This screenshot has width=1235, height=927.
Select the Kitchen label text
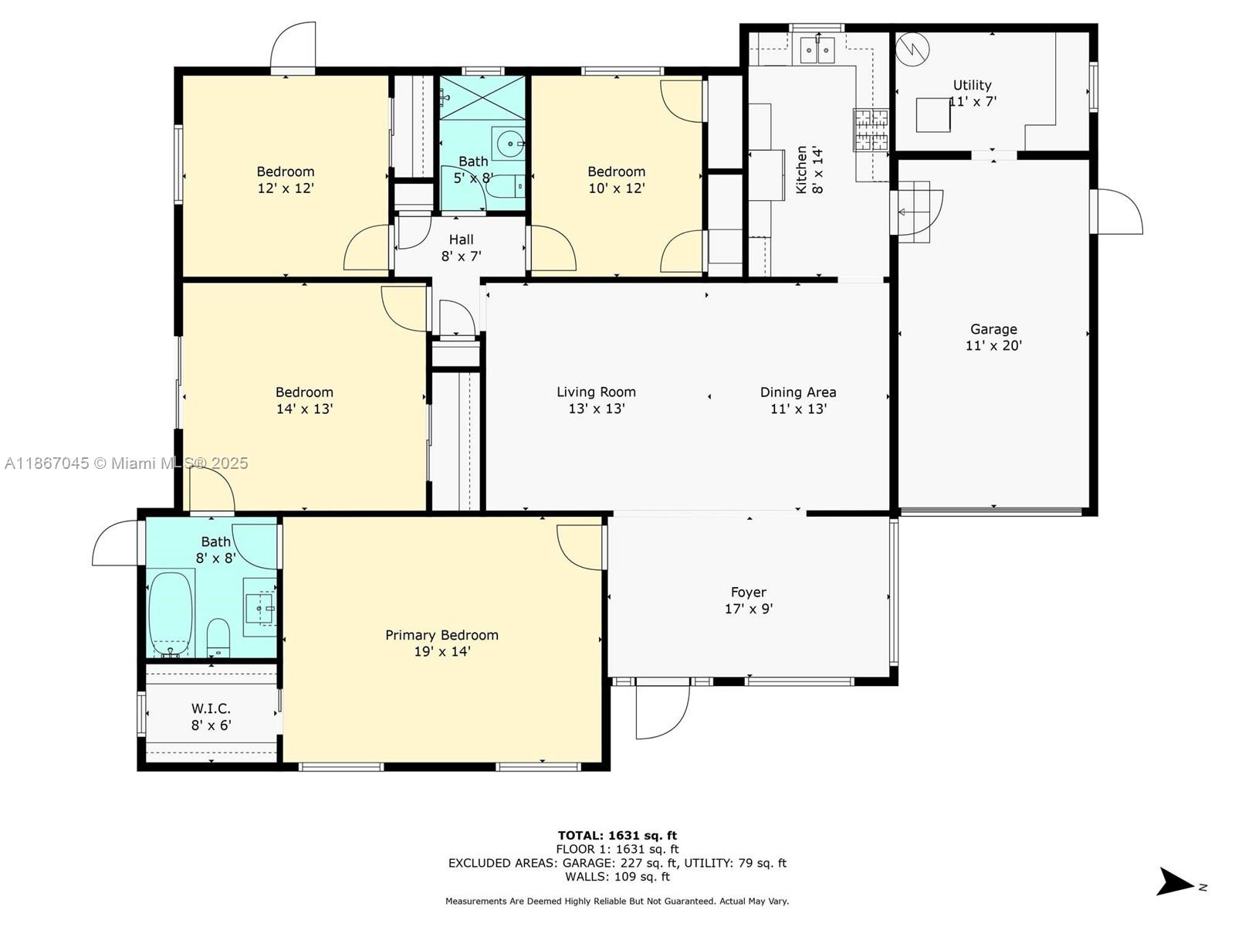click(802, 170)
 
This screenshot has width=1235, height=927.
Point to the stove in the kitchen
click(871, 129)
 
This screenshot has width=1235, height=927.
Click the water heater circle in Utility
click(912, 49)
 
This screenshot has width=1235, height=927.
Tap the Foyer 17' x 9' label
click(748, 600)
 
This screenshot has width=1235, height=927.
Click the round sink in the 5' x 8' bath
click(509, 144)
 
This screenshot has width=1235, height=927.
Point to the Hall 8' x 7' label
click(461, 247)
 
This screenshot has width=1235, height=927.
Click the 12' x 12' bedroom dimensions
click(286, 188)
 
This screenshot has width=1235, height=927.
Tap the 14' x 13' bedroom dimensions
click(304, 409)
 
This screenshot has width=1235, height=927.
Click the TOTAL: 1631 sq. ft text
click(617, 835)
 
